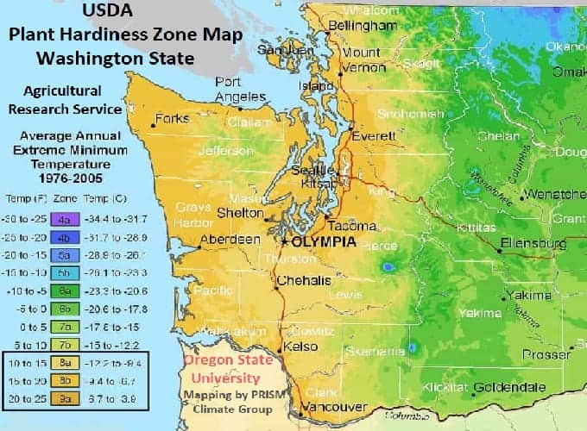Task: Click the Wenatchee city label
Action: coord(556,193)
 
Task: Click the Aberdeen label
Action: coord(230,239)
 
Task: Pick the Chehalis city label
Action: coord(303,281)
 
